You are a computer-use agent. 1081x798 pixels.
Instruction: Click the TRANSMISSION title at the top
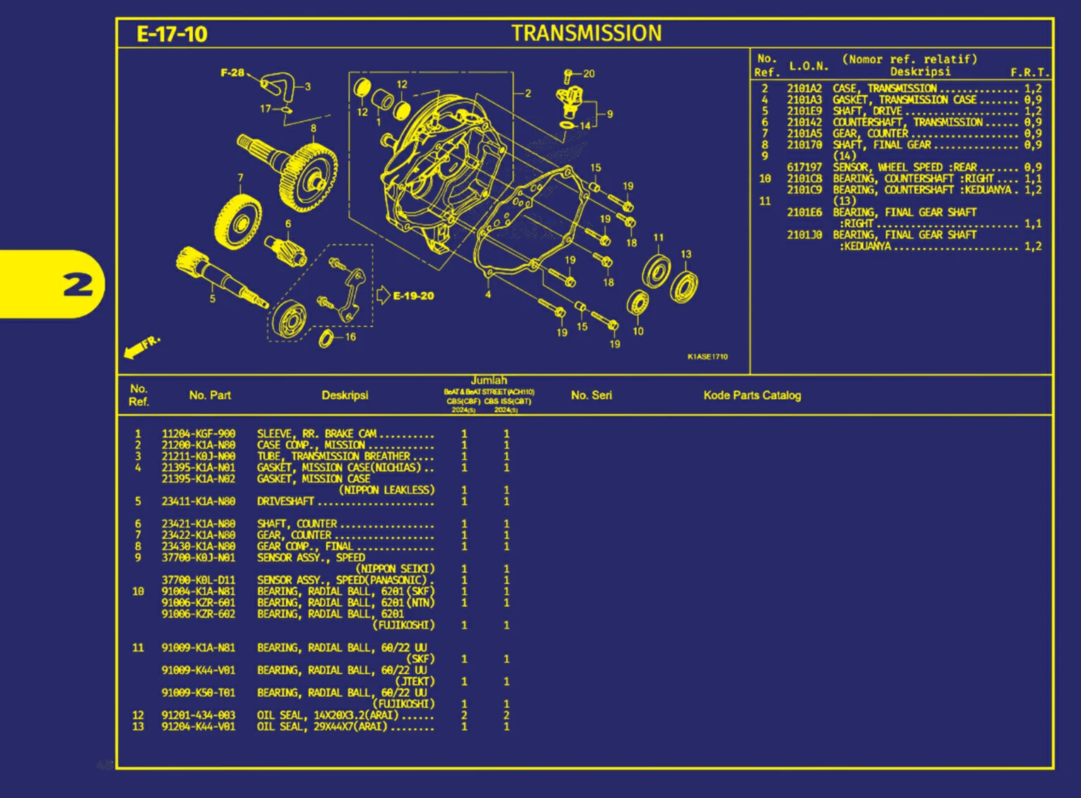586,33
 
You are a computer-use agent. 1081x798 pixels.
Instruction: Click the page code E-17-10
172,34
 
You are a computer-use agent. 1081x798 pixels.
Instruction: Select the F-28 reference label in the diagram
232,72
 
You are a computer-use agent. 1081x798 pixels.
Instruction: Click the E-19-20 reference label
413,295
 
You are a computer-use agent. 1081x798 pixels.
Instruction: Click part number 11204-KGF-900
198,434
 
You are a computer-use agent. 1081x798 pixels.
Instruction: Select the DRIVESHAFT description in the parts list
285,501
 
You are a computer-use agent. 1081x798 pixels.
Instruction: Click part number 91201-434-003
198,715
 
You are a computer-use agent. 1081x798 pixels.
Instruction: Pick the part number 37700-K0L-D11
198,580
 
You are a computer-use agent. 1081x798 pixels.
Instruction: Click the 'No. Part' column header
209,395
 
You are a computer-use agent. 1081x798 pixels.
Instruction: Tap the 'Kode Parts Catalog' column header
752,395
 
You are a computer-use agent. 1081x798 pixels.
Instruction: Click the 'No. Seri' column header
591,395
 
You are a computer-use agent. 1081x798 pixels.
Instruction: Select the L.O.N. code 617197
804,167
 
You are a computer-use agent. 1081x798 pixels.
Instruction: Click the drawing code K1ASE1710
707,356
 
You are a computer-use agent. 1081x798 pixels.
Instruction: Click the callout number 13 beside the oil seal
686,254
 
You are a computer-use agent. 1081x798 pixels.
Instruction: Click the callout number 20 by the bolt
589,74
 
